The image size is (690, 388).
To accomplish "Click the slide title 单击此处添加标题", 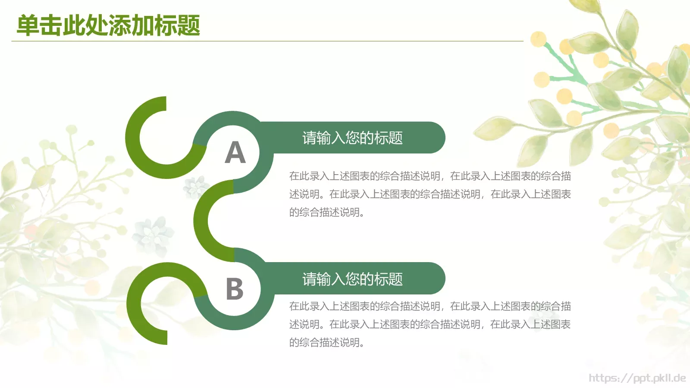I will (x=108, y=25).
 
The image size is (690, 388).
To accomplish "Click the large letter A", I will (x=235, y=153).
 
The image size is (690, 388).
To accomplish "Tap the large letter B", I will (x=235, y=289).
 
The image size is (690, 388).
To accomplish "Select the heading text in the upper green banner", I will (x=352, y=138).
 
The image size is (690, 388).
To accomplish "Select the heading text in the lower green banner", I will (x=352, y=279).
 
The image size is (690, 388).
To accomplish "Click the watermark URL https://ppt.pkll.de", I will (x=637, y=378).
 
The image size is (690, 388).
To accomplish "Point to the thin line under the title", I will (x=267, y=41).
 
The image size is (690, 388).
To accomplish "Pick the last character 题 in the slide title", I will (x=188, y=25).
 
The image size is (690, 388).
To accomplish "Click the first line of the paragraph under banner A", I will (x=430, y=176).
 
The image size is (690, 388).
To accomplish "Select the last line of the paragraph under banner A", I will (x=326, y=212).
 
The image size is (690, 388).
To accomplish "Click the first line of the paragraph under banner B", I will (x=430, y=306).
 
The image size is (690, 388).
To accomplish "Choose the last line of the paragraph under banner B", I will (x=326, y=342).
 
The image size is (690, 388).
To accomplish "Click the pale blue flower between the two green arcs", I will (x=152, y=235).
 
